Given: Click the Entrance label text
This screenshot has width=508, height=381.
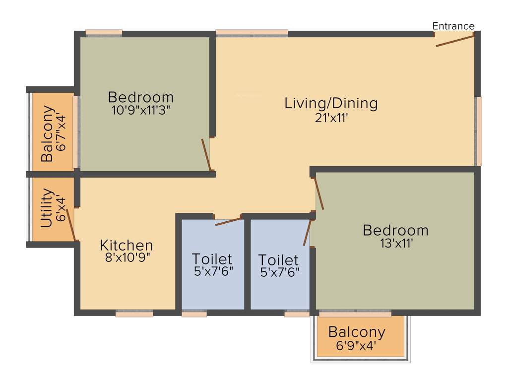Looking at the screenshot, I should pyautogui.click(x=453, y=26).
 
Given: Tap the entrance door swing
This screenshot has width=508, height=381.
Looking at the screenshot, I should pyautogui.click(x=455, y=40).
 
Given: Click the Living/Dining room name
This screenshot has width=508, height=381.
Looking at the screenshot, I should pyautogui.click(x=331, y=103).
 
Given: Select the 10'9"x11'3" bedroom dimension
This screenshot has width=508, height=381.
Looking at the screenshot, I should pyautogui.click(x=141, y=110).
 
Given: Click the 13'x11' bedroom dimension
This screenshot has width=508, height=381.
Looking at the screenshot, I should pyautogui.click(x=395, y=243).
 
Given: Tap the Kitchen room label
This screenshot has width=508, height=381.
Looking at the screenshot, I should pyautogui.click(x=127, y=245).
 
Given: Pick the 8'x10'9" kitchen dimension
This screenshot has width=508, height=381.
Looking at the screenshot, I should pyautogui.click(x=126, y=257).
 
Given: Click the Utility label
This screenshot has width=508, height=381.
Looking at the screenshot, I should pyautogui.click(x=47, y=208).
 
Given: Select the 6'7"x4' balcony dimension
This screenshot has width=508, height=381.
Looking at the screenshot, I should pyautogui.click(x=61, y=134).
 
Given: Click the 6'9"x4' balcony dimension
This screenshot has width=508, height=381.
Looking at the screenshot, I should pyautogui.click(x=357, y=345).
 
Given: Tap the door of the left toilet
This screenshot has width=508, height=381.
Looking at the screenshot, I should pyautogui.click(x=228, y=221).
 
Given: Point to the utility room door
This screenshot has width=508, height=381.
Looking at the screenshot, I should pyautogui.click(x=71, y=224).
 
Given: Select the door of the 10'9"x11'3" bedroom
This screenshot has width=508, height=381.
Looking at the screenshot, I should pyautogui.click(x=206, y=154).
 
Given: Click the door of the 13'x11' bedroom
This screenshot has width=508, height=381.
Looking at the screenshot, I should pyautogui.click(x=319, y=193).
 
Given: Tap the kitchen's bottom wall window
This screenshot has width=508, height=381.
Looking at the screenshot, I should pyautogui.click(x=134, y=314).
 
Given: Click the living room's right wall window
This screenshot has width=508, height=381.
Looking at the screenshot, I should pyautogui.click(x=478, y=131).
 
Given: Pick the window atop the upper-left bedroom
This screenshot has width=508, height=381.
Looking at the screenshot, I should pyautogui.click(x=104, y=33).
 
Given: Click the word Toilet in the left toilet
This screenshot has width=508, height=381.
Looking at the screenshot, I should pyautogui.click(x=212, y=259).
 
